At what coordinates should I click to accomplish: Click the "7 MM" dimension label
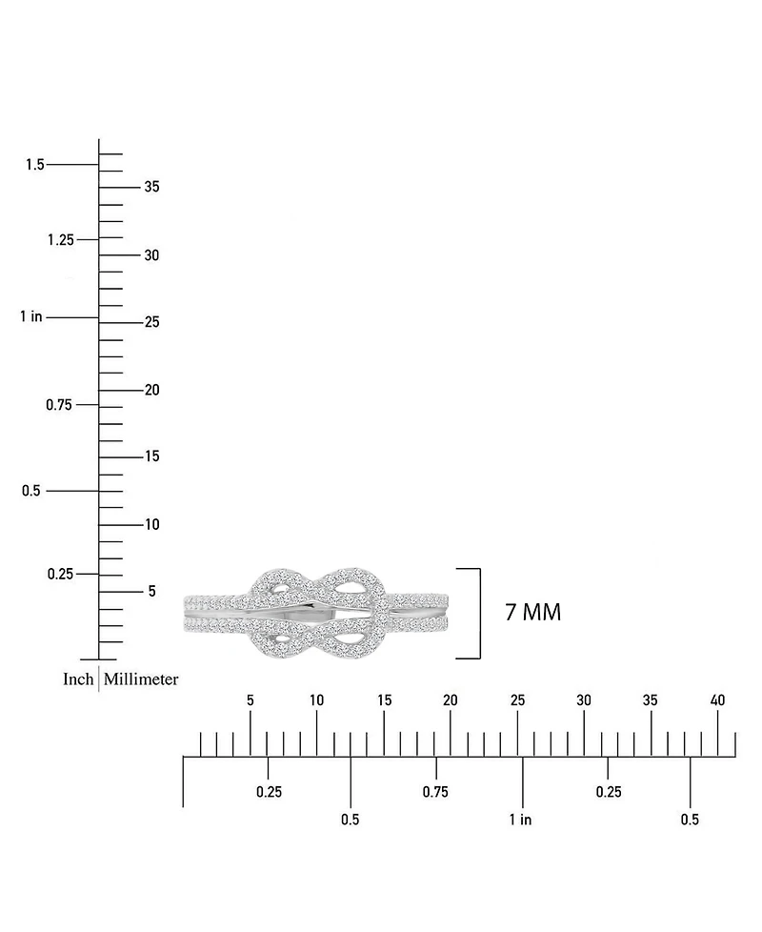(532, 612)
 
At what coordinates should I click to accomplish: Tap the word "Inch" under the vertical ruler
(78, 679)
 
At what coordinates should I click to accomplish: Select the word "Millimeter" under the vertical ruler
(141, 679)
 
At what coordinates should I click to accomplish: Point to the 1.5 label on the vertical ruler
(35, 164)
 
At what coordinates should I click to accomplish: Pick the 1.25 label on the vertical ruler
(61, 239)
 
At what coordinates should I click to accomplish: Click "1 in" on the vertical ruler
(31, 316)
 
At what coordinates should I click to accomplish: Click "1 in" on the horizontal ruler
(520, 820)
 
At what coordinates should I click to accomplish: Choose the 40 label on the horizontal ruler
(717, 700)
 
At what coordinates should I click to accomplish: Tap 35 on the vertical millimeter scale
(152, 187)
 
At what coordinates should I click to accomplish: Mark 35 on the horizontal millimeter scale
(651, 700)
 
